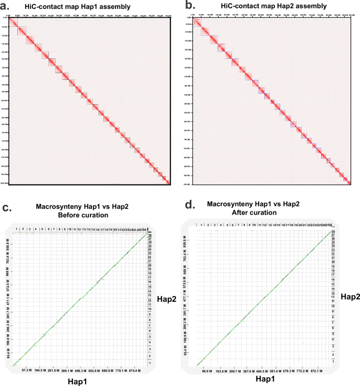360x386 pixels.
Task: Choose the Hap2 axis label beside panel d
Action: [x=348, y=297]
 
